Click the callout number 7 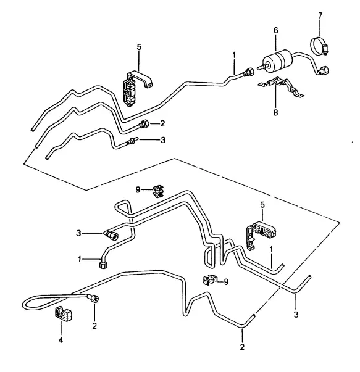pos(320,15)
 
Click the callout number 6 pos(275,30)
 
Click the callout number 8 pos(275,112)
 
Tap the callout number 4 pos(61,340)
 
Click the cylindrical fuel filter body pos(278,60)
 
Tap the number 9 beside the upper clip pos(138,190)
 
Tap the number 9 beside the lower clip pos(226,281)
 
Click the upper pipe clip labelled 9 pos(159,192)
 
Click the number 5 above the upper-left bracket pos(139,47)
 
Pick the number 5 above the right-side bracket pos(262,205)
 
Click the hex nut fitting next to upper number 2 pos(144,124)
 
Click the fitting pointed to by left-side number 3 pos(111,234)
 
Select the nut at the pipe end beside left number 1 pos(103,264)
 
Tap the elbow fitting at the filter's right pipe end pos(323,70)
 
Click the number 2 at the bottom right pos(242,347)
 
